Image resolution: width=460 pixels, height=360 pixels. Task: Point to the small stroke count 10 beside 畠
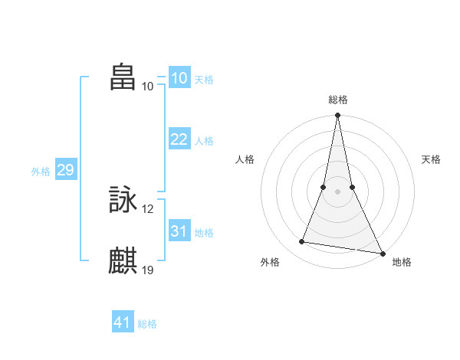[148, 86]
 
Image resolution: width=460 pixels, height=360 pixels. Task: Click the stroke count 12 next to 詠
[148, 209]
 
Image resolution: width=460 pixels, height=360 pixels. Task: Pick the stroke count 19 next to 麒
[148, 269]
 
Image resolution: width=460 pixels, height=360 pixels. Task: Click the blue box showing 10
[179, 78]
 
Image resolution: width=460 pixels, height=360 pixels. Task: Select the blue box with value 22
[179, 139]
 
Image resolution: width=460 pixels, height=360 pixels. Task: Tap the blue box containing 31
[179, 231]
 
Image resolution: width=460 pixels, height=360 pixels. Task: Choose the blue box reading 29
[65, 170]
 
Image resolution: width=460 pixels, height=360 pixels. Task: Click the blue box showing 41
[123, 322]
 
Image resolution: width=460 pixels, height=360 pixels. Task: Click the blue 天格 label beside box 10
[203, 80]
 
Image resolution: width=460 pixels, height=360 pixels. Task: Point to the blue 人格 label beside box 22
[203, 141]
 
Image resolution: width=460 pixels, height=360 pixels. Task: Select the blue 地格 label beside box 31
[203, 233]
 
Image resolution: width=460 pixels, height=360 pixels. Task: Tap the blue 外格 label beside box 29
[41, 172]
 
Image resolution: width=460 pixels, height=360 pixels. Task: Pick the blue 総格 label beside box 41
[147, 324]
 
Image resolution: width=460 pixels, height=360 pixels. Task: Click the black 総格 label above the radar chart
[337, 100]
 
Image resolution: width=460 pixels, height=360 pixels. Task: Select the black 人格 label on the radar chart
[245, 159]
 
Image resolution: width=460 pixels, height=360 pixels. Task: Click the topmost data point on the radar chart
[337, 116]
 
